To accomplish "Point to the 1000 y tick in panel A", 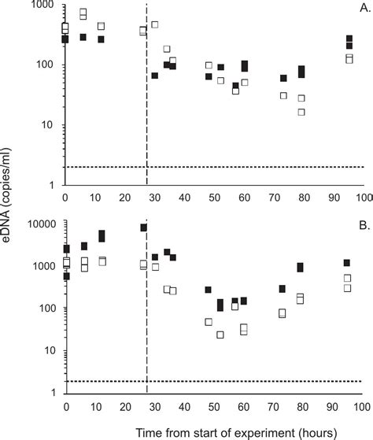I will tap(45, 6).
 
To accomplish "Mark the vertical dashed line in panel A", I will tap(147, 118).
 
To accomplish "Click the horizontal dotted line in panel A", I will tap(236, 167).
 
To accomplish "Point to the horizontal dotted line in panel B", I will tap(236, 382).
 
